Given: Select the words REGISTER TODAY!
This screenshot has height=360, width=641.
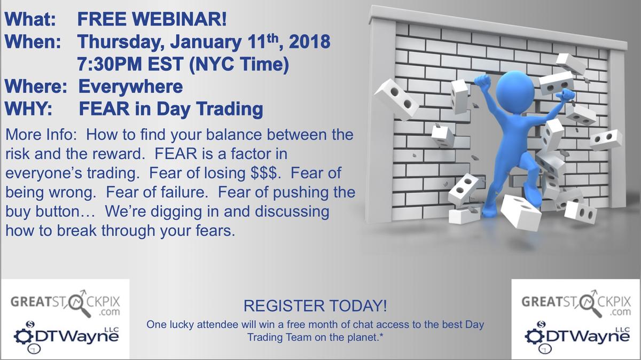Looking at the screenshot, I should [315, 307].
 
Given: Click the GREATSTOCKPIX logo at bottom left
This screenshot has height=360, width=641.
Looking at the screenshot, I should [66, 305].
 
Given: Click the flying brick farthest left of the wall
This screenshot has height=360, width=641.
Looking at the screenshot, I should [396, 98].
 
